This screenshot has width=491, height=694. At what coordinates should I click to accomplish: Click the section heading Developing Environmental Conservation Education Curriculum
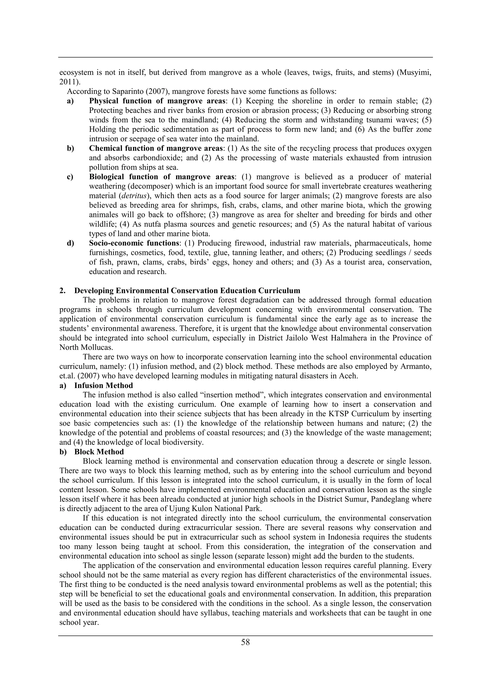point(187,291)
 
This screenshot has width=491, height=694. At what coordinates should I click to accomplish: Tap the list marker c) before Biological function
point(70,177)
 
